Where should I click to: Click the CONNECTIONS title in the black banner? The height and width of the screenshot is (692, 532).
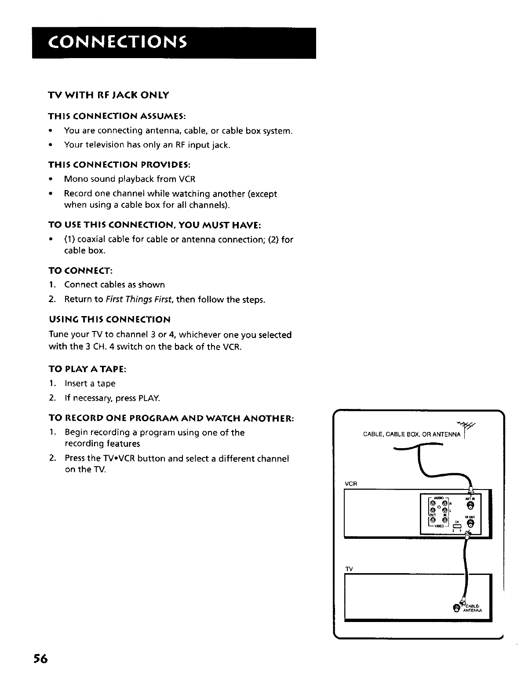tap(113, 42)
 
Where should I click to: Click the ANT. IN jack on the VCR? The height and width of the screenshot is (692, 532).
tap(470, 505)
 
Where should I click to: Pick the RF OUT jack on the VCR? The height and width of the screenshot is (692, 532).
tap(470, 523)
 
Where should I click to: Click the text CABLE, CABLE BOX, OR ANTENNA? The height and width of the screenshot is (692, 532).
tap(411, 435)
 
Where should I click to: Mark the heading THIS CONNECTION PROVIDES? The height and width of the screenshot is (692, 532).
tap(119, 164)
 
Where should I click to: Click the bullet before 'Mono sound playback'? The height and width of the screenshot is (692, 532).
tap(52, 179)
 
